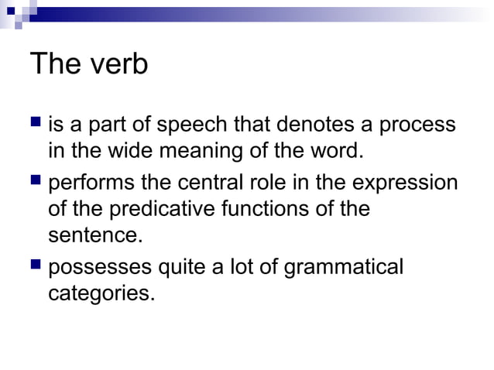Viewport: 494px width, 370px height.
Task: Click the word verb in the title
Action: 116,64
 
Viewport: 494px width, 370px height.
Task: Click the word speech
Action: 198,125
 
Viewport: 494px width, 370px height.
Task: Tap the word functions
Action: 274,209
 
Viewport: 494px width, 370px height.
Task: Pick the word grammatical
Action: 344,269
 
